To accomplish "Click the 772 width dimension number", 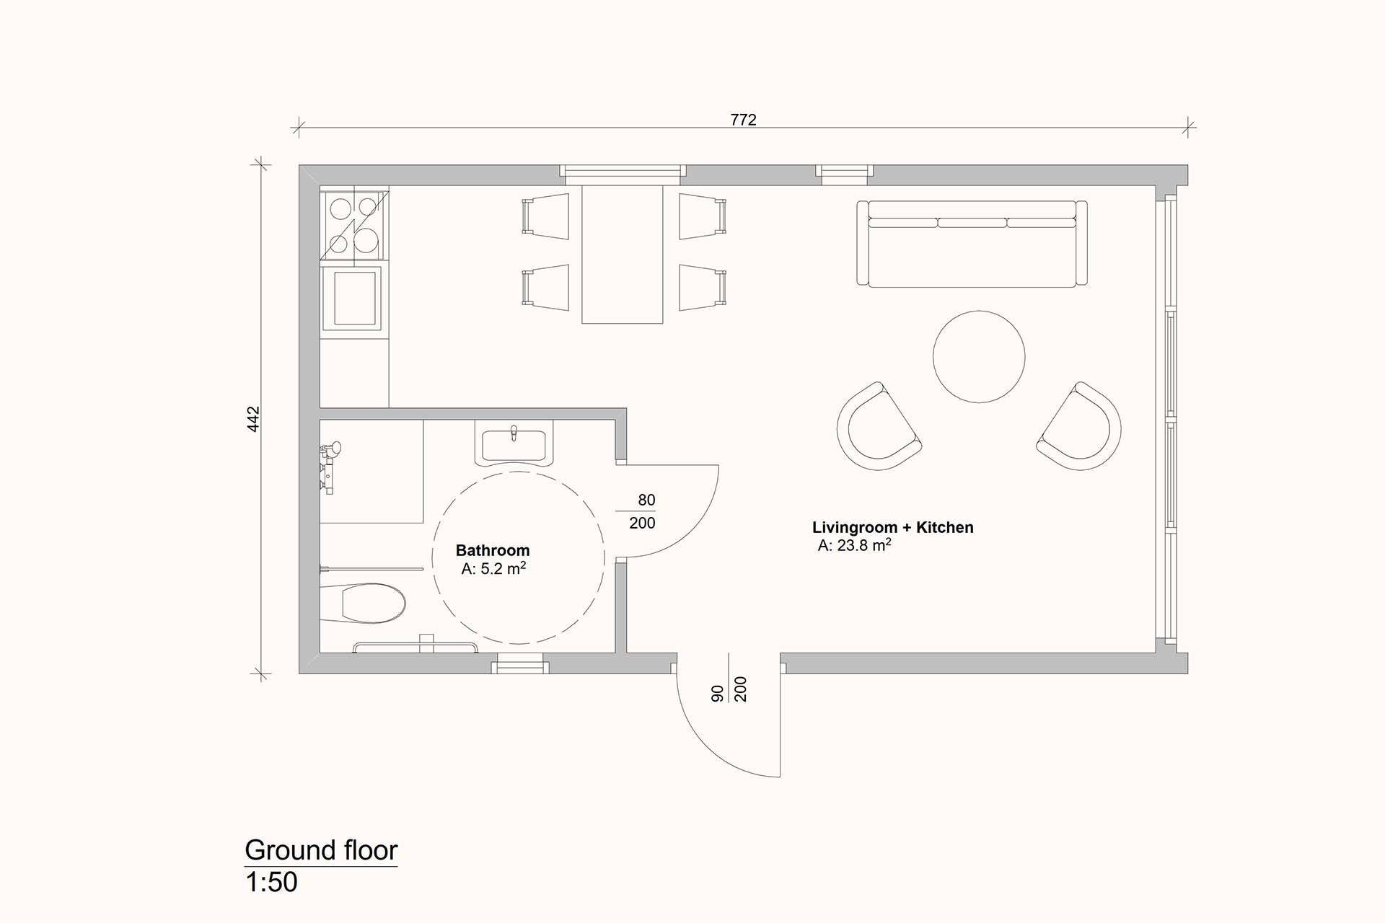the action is (743, 120).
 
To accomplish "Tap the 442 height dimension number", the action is (253, 419).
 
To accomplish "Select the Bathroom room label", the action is (493, 550).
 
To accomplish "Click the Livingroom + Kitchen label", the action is (893, 527).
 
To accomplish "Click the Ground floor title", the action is (321, 850).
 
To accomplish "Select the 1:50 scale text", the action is (271, 882).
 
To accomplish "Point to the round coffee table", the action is (979, 356).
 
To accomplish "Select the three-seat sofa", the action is (972, 244).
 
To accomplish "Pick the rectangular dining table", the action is (622, 254).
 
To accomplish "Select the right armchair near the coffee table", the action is (1081, 427).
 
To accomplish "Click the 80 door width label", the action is (646, 500).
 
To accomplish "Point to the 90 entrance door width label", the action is (717, 694).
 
